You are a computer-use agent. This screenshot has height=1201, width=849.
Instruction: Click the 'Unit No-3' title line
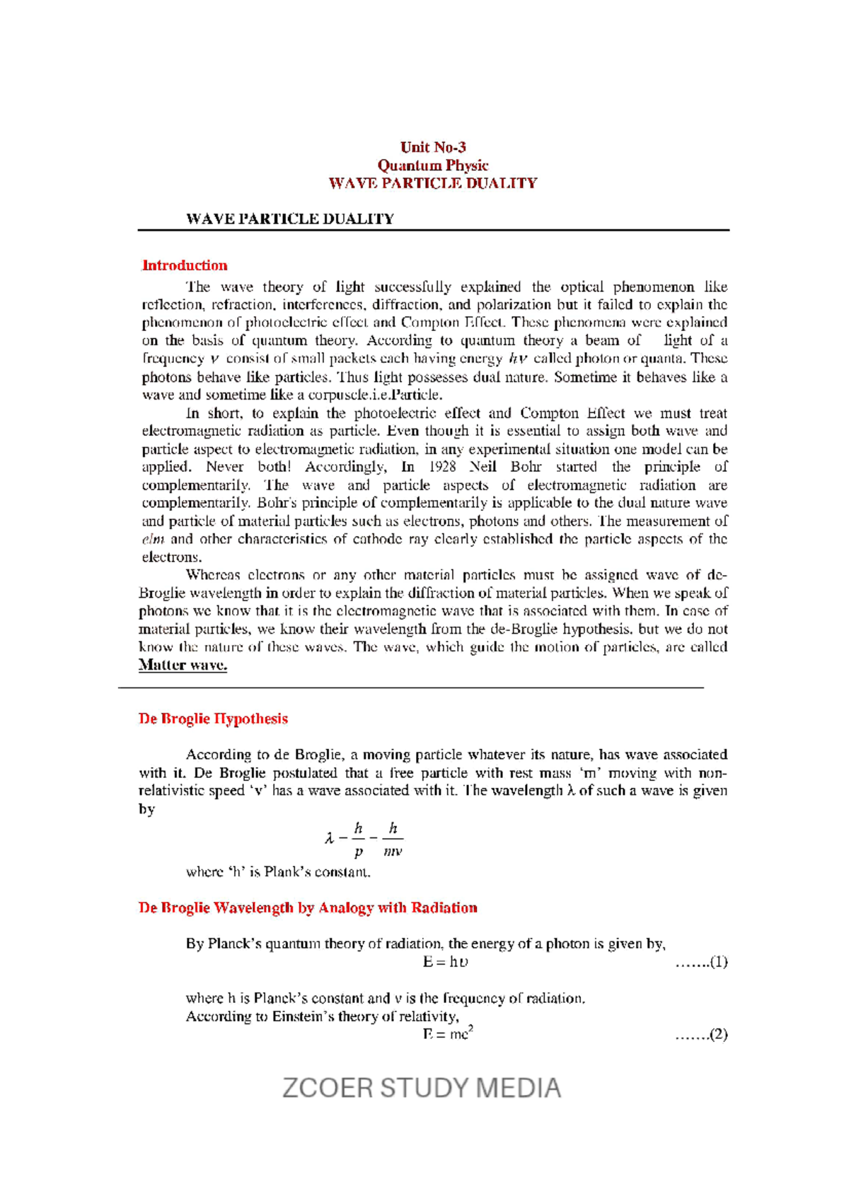[x=432, y=147]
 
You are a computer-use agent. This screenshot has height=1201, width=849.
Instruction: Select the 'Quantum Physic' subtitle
[x=432, y=166]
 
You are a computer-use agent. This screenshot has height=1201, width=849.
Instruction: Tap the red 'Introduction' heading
[x=185, y=265]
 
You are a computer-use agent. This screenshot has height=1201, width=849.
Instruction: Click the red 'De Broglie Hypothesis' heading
[x=213, y=719]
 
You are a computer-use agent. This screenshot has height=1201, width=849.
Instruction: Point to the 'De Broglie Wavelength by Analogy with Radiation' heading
[x=308, y=907]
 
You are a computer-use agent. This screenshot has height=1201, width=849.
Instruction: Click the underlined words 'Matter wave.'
[x=183, y=665]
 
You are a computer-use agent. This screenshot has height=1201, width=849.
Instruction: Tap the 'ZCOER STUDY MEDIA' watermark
[x=422, y=1088]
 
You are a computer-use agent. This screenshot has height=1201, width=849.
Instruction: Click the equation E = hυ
[x=445, y=962]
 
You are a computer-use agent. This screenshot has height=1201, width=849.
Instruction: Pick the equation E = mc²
[x=447, y=1034]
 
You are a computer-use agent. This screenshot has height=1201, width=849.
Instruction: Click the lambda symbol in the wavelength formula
[x=329, y=839]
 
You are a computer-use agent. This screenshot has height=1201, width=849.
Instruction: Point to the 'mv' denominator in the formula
[x=393, y=852]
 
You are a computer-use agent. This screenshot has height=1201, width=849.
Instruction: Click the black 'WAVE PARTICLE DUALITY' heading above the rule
[x=289, y=219]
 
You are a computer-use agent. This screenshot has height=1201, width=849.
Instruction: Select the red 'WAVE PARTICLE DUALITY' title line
[x=432, y=183]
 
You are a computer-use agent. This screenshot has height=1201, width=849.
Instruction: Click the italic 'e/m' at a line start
[x=153, y=539]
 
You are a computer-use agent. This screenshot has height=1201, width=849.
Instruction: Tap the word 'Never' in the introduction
[x=225, y=467]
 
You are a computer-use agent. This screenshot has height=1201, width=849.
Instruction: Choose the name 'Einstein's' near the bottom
[x=306, y=1016]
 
